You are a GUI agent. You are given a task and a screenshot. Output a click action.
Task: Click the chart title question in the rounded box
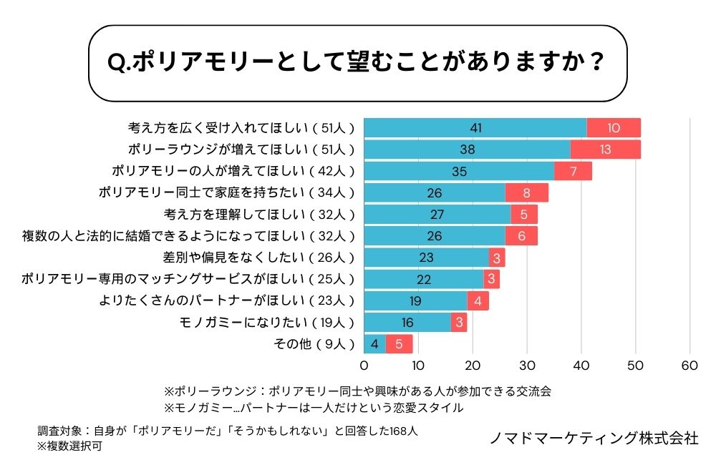[x=354, y=63]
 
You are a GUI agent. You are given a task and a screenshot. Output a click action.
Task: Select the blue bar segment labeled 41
[x=475, y=128]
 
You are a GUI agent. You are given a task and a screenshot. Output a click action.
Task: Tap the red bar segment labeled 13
[x=606, y=150]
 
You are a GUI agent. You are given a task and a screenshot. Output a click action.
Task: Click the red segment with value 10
[x=614, y=128]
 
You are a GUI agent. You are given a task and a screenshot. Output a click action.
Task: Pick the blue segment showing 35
[x=460, y=172]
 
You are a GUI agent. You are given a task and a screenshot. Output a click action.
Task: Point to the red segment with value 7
[x=574, y=172]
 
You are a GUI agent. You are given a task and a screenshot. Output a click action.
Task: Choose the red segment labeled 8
[x=527, y=193]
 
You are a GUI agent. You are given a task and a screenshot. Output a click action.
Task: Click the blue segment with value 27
[x=437, y=215]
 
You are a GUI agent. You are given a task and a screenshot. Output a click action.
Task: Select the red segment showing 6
[x=521, y=236]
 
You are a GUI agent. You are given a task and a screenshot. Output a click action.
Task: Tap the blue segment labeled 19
[x=416, y=300]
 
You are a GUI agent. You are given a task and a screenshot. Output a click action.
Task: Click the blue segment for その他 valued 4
[x=375, y=344]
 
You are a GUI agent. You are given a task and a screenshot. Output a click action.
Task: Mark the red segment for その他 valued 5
[x=400, y=344]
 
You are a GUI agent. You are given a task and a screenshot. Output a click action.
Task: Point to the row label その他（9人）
[x=314, y=344]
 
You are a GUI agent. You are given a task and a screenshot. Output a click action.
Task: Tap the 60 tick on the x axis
[x=690, y=366]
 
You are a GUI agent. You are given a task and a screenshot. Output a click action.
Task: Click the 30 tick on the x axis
[x=527, y=366]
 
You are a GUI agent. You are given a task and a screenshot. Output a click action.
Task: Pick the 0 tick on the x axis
[x=364, y=366]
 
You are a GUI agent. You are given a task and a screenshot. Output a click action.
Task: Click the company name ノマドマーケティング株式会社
[x=594, y=438]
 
